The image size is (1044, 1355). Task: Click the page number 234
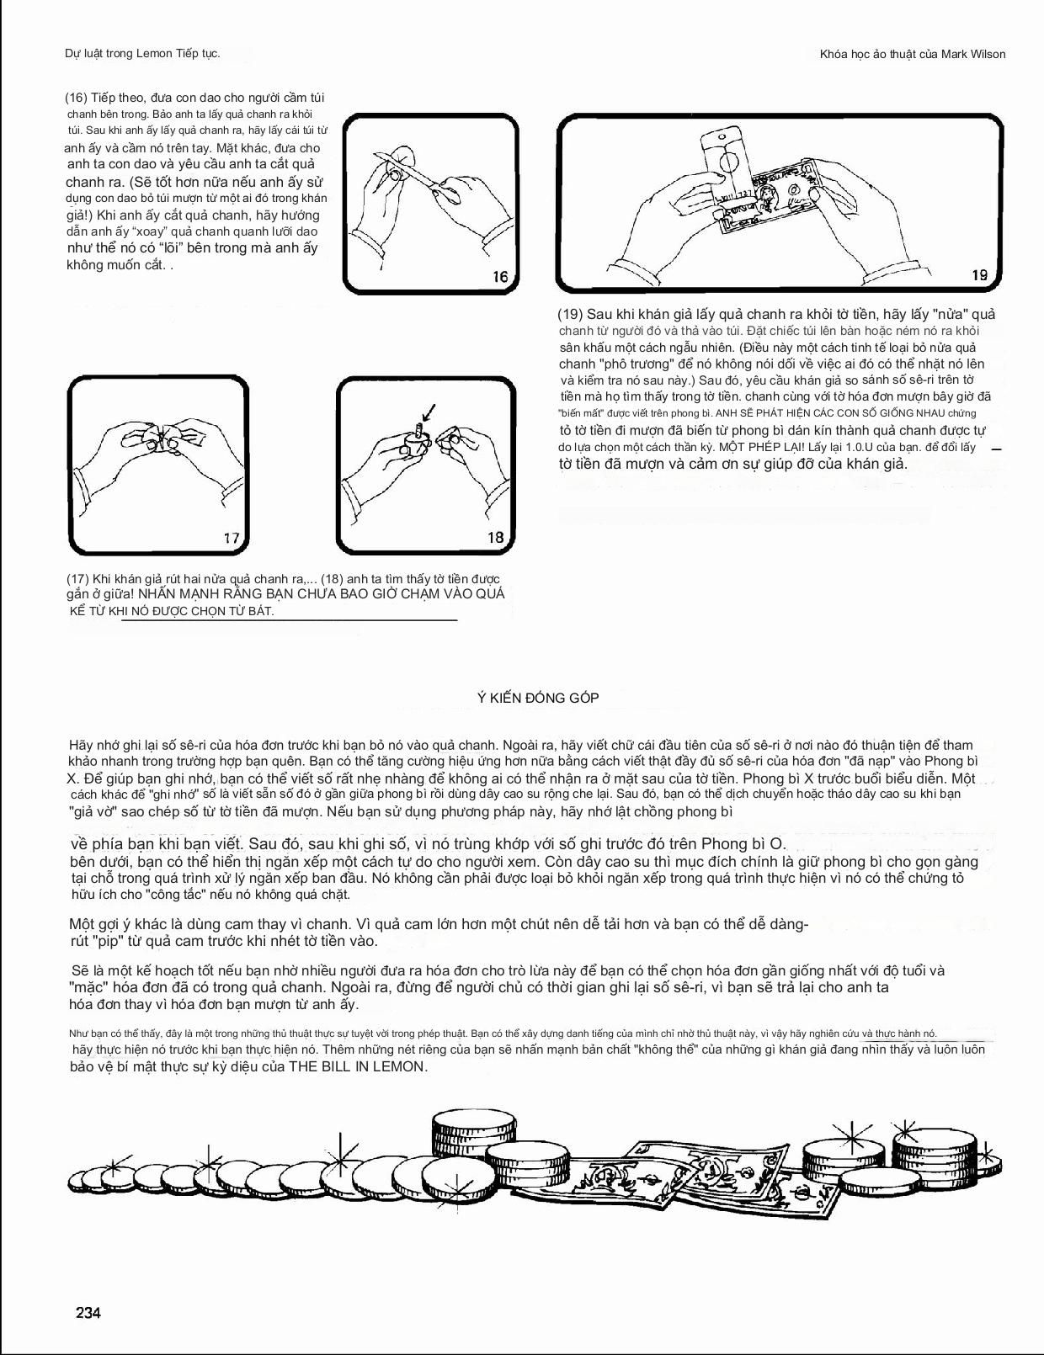88,1312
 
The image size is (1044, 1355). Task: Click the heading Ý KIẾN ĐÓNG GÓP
538,698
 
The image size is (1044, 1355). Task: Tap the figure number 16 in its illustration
500,277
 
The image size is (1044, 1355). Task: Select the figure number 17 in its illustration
232,538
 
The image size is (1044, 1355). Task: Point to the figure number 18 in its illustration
495,537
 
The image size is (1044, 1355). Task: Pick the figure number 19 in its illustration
979,274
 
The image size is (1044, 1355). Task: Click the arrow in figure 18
429,412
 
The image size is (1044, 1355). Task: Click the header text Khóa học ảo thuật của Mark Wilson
913,54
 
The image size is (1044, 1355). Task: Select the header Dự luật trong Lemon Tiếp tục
142,53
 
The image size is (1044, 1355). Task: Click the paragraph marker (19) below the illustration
570,314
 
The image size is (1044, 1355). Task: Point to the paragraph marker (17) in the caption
78,579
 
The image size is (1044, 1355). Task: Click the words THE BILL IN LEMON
358,1066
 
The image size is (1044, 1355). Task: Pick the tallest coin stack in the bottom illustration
473,1130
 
